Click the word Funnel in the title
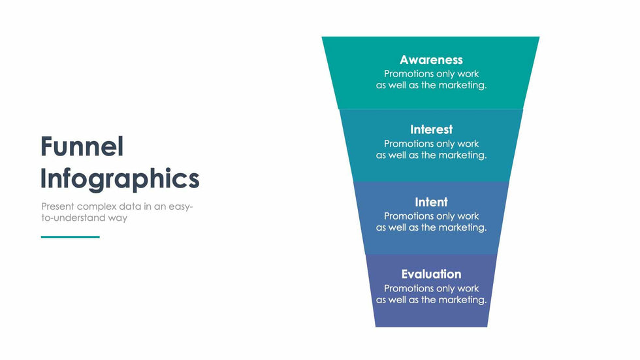pos(82,146)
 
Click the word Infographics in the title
pos(120,179)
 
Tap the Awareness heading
pos(431,60)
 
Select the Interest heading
pos(432,129)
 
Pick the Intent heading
pos(432,202)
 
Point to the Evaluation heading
pos(432,274)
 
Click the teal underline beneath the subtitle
pos(71,237)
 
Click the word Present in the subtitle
pos(57,206)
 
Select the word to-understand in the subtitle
pos(73,218)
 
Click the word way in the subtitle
pos(118,219)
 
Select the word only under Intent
pos(445,217)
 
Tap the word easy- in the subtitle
pos(180,207)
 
